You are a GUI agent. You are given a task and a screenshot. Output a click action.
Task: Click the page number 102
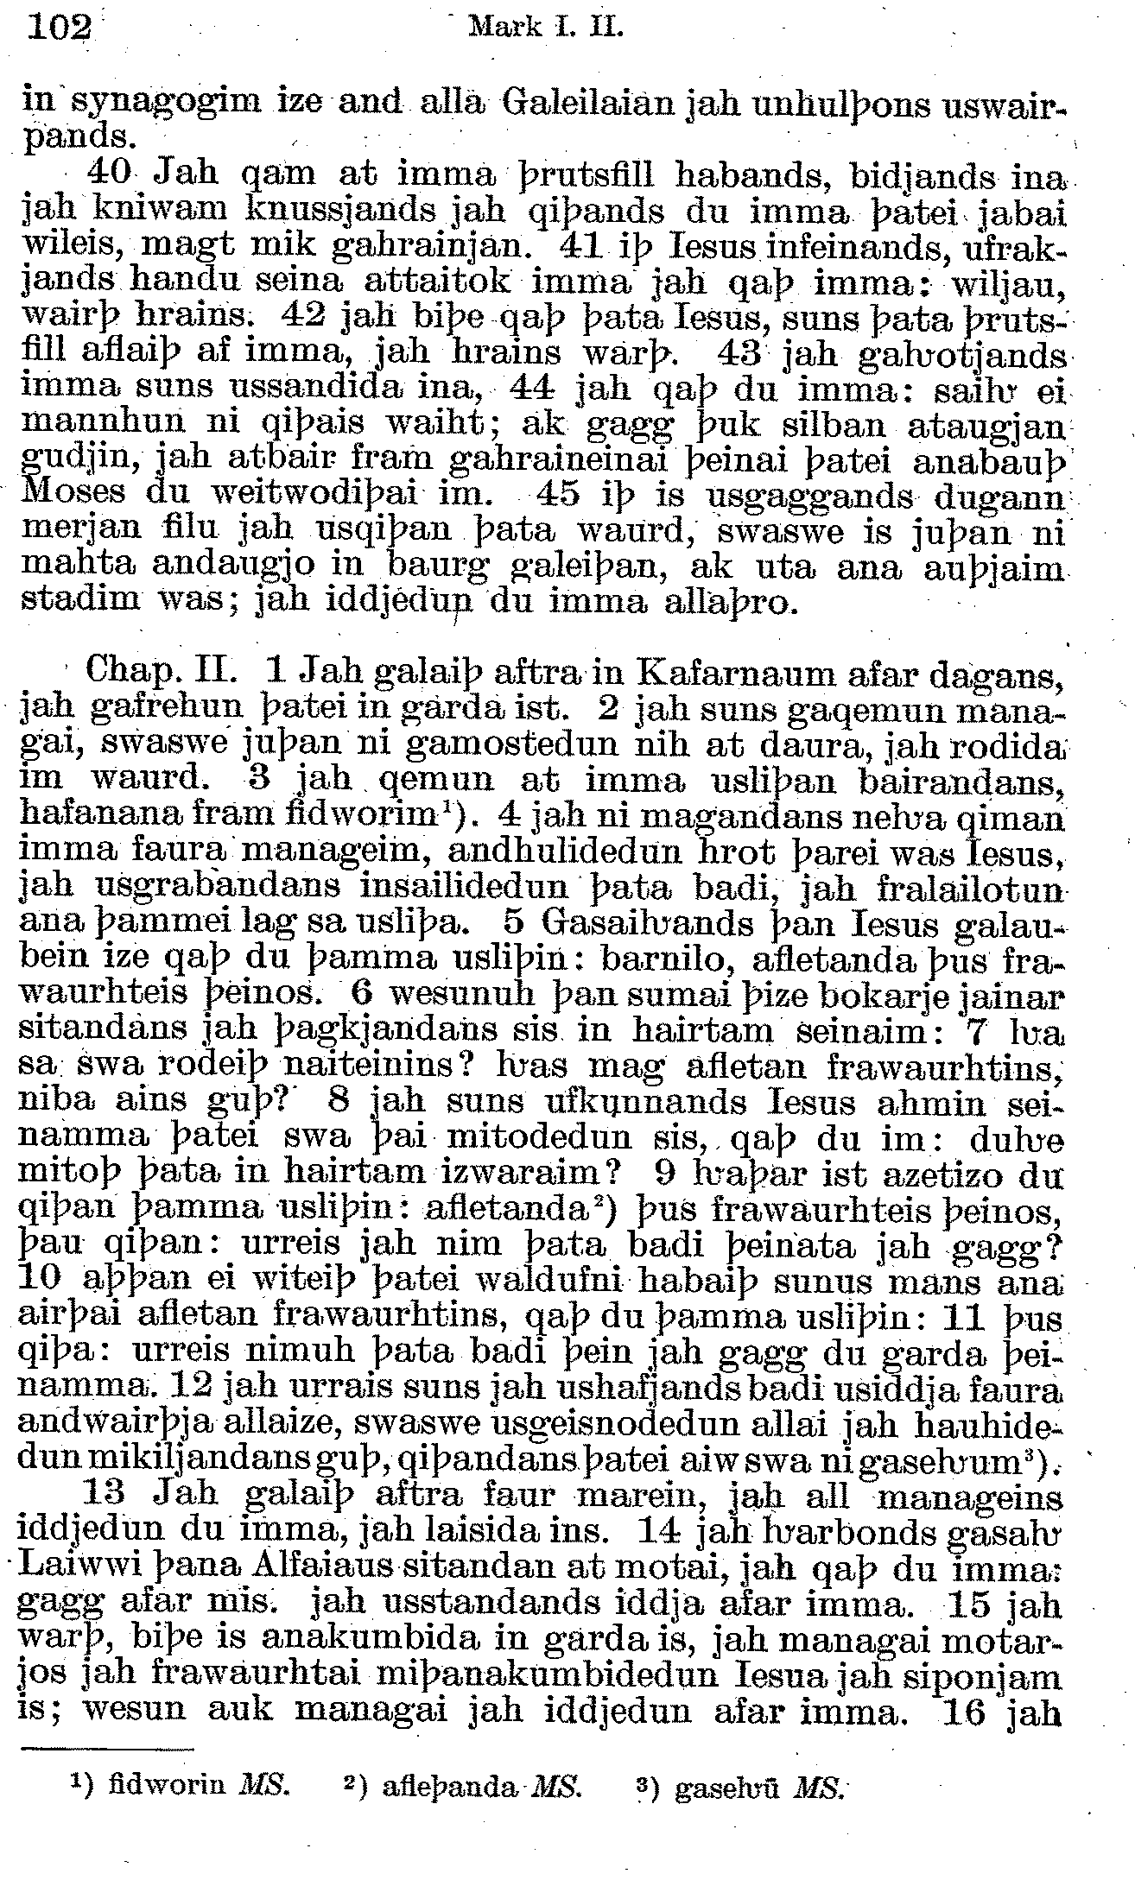(60, 28)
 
